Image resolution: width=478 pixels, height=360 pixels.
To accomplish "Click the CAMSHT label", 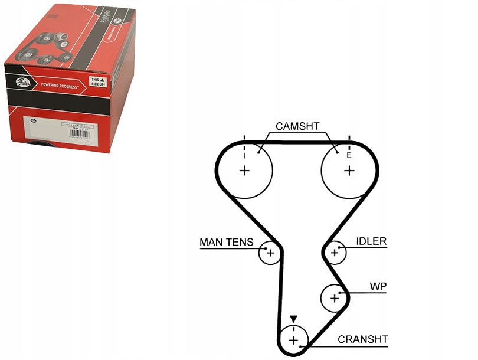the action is (297, 126).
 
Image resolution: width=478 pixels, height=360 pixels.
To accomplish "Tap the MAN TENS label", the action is (227, 242).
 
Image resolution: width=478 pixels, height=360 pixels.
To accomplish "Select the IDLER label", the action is (371, 241).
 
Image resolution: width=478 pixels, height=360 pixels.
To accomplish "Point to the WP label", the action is (378, 286).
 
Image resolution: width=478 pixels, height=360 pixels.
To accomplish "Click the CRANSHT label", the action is (363, 339).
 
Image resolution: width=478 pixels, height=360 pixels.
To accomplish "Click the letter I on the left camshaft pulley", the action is (244, 156).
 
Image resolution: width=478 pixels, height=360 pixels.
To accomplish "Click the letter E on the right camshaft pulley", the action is (349, 156).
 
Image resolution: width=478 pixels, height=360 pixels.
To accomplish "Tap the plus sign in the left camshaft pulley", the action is (244, 171).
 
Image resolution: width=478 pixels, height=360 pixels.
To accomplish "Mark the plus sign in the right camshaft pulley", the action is (349, 171).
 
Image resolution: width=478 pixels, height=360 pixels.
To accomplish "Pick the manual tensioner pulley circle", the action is (270, 253).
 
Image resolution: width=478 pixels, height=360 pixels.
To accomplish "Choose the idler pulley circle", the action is (335, 253).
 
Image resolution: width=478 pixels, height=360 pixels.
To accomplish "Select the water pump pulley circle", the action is (335, 297).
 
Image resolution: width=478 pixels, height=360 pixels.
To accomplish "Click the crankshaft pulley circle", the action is (293, 340).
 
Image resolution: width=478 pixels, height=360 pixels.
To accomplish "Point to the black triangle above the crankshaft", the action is (293, 319).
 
